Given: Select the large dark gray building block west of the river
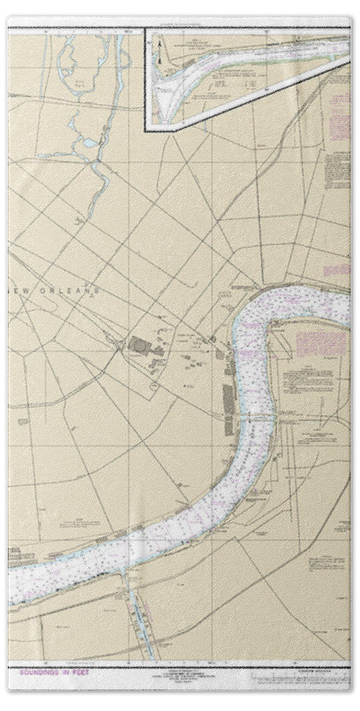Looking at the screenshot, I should click(x=140, y=344).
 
